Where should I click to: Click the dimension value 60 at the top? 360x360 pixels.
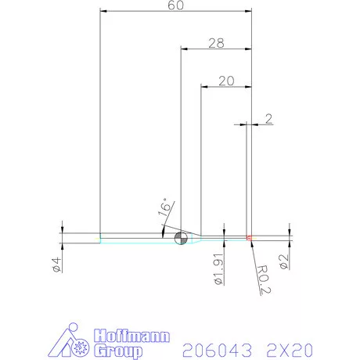pyautogui.click(x=176, y=6)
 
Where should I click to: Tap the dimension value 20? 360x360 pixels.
pyautogui.click(x=227, y=80)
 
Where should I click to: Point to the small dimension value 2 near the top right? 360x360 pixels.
pyautogui.click(x=268, y=119)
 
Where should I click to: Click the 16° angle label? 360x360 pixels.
pyautogui.click(x=164, y=207)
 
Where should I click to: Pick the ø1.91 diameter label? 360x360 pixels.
pyautogui.click(x=218, y=268)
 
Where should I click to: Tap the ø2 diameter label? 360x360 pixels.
pyautogui.click(x=285, y=261)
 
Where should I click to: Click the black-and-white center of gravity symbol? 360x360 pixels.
pyautogui.click(x=181, y=237)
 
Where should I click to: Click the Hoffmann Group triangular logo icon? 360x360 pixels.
pyautogui.click(x=77, y=343)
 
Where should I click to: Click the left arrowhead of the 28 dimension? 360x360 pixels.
pyautogui.click(x=185, y=49)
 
